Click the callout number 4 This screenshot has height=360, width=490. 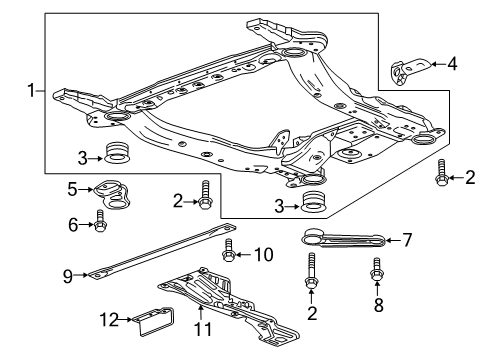(453, 67)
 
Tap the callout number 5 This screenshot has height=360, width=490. (72, 188)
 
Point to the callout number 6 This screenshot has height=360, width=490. (72, 225)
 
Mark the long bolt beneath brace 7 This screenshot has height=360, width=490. (311, 275)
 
